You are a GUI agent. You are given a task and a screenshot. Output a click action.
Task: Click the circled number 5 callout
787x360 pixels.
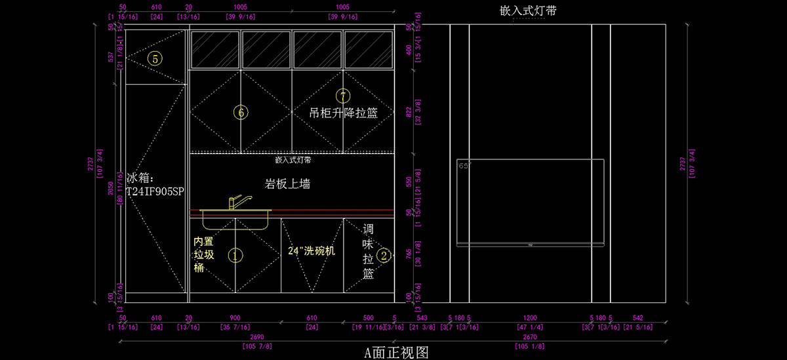tap(155, 59)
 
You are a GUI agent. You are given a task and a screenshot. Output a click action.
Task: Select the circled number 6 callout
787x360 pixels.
tap(241, 113)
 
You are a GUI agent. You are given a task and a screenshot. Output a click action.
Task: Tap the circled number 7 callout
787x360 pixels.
tap(342, 96)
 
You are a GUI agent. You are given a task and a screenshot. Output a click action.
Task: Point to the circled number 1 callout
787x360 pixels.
tap(235, 255)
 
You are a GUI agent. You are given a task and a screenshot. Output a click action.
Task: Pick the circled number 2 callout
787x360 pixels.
tap(385, 255)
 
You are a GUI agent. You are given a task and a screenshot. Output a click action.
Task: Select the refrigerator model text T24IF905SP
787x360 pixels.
tap(155, 191)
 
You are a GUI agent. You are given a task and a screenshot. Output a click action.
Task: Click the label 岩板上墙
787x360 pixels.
tap(287, 184)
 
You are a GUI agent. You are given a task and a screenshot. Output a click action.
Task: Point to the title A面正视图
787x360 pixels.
tap(396, 353)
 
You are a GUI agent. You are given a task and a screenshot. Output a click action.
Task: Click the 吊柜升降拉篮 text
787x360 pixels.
tap(344, 113)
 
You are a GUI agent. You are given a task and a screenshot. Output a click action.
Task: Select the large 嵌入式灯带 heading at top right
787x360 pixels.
tap(533, 10)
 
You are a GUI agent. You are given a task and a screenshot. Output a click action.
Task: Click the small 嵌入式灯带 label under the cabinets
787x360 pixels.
tap(293, 159)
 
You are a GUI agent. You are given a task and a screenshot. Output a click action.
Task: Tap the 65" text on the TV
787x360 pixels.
tap(465, 166)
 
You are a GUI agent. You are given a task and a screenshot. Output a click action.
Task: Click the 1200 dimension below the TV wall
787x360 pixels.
tap(530, 317)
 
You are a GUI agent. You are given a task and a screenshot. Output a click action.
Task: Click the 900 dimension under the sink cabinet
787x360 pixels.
tap(234, 317)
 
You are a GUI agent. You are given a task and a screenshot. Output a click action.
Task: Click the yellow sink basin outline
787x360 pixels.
tap(235, 220)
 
